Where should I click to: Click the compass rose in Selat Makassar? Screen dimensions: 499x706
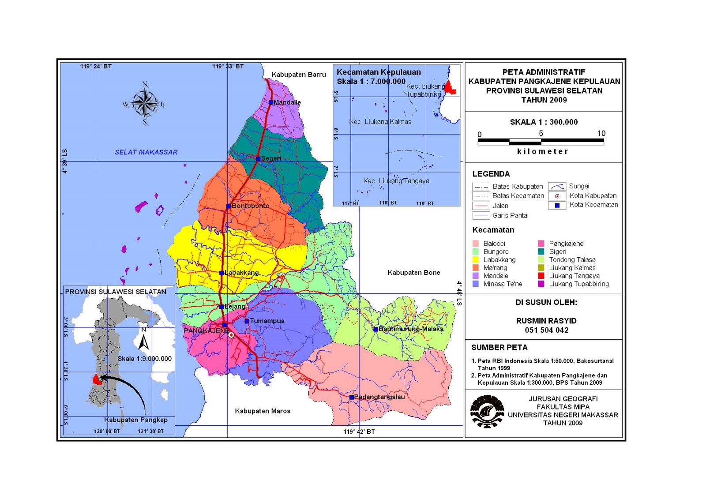pos(145,103)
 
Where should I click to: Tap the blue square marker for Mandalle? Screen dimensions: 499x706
pos(271,102)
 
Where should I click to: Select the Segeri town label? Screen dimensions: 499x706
pos(271,158)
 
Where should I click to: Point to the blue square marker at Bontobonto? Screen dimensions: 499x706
pos(228,206)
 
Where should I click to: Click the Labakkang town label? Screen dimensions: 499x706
pos(241,273)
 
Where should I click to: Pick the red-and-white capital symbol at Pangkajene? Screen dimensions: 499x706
pos(231,335)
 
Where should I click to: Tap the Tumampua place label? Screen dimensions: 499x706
pos(267,321)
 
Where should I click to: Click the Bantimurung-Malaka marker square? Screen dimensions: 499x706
pos(376,329)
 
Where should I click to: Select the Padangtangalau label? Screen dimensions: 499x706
pos(379,397)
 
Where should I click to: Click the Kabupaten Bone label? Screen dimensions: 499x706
pos(413,273)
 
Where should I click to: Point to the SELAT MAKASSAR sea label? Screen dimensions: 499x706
pos(146,152)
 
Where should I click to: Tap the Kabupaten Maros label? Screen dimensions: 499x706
pos(263,411)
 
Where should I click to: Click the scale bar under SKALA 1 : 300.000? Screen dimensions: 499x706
pos(541,142)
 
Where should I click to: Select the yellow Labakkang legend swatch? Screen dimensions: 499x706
pos(475,260)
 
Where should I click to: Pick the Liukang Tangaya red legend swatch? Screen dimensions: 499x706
pos(541,276)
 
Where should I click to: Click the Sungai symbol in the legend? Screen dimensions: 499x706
pos(557,187)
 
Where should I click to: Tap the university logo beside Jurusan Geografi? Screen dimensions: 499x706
pos(487,412)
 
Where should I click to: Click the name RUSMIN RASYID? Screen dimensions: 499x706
pos(546,321)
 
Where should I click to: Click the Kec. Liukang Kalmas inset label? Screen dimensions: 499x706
pos(380,122)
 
